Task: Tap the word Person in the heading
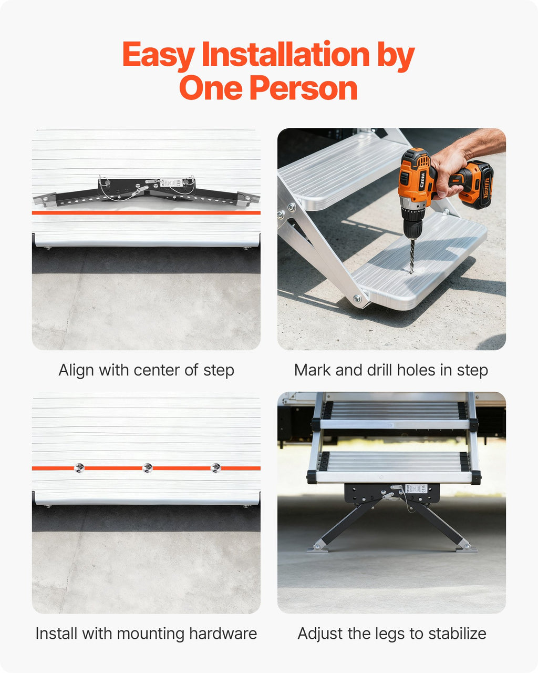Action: click(x=303, y=88)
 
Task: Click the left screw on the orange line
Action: click(x=79, y=468)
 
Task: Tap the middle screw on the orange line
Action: click(x=147, y=468)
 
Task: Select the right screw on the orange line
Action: click(x=215, y=468)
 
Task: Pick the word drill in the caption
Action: click(x=379, y=370)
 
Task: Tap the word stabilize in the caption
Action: click(x=457, y=634)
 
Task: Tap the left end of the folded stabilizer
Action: click(x=40, y=199)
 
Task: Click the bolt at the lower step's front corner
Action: click(x=357, y=299)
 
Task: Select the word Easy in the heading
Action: click(x=159, y=55)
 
